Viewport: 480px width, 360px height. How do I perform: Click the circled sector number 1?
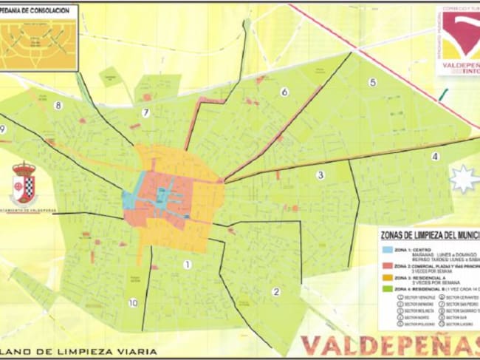tap(187, 264)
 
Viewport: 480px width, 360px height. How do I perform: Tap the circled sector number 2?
tap(276, 291)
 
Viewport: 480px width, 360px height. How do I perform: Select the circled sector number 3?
tap(320, 175)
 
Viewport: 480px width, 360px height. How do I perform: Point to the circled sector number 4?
tap(435, 156)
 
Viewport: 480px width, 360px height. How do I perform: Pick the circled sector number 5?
tap(372, 82)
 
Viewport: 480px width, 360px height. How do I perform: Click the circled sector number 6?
tap(284, 92)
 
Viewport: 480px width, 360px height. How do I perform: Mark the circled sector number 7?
tap(146, 113)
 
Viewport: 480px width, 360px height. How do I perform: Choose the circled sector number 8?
tap(58, 105)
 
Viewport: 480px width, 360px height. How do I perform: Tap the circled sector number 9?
tap(4, 129)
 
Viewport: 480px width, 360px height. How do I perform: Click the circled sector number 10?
tap(132, 302)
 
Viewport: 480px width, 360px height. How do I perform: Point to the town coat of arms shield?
tap(24, 183)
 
